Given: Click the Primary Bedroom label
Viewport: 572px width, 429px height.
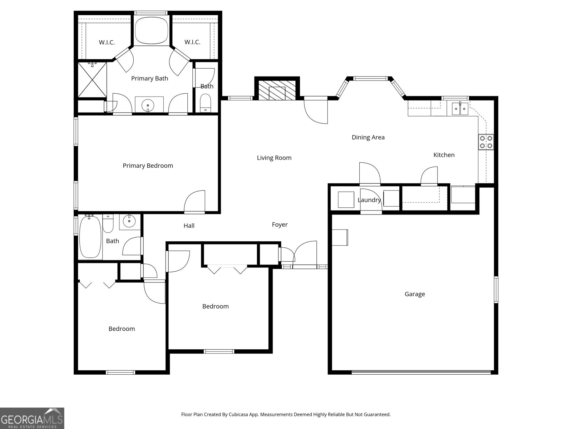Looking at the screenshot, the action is tap(148, 166).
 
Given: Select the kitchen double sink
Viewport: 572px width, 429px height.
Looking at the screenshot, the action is tap(460, 109).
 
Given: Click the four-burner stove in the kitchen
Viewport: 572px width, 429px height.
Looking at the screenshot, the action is tap(486, 142).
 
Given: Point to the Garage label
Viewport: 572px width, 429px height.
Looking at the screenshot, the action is tap(415, 294).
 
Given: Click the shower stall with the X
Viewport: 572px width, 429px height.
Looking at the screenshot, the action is tap(92, 79).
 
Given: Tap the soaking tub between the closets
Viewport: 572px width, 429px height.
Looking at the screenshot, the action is tap(152, 30).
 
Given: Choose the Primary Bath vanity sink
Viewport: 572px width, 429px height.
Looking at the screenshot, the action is tap(148, 105).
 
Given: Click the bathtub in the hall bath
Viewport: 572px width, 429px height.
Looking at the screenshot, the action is tap(90, 237).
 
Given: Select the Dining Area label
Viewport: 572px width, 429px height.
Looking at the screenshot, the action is tap(368, 137).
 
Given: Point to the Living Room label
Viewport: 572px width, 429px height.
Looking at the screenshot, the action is tap(274, 158).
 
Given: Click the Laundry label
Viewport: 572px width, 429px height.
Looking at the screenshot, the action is tap(369, 200).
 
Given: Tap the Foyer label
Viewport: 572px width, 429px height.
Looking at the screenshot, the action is tap(280, 225).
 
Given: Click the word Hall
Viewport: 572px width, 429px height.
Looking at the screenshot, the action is tap(189, 226).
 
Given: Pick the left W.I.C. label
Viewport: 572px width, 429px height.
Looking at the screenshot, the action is tap(107, 42).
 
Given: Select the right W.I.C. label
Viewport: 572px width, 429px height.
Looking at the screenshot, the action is tap(192, 42).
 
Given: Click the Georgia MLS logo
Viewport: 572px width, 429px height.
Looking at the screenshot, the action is tap(32, 418).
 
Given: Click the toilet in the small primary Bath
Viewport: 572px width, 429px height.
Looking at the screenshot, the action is tap(205, 103).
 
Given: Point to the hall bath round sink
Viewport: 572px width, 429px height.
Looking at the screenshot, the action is tap(129, 221).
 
